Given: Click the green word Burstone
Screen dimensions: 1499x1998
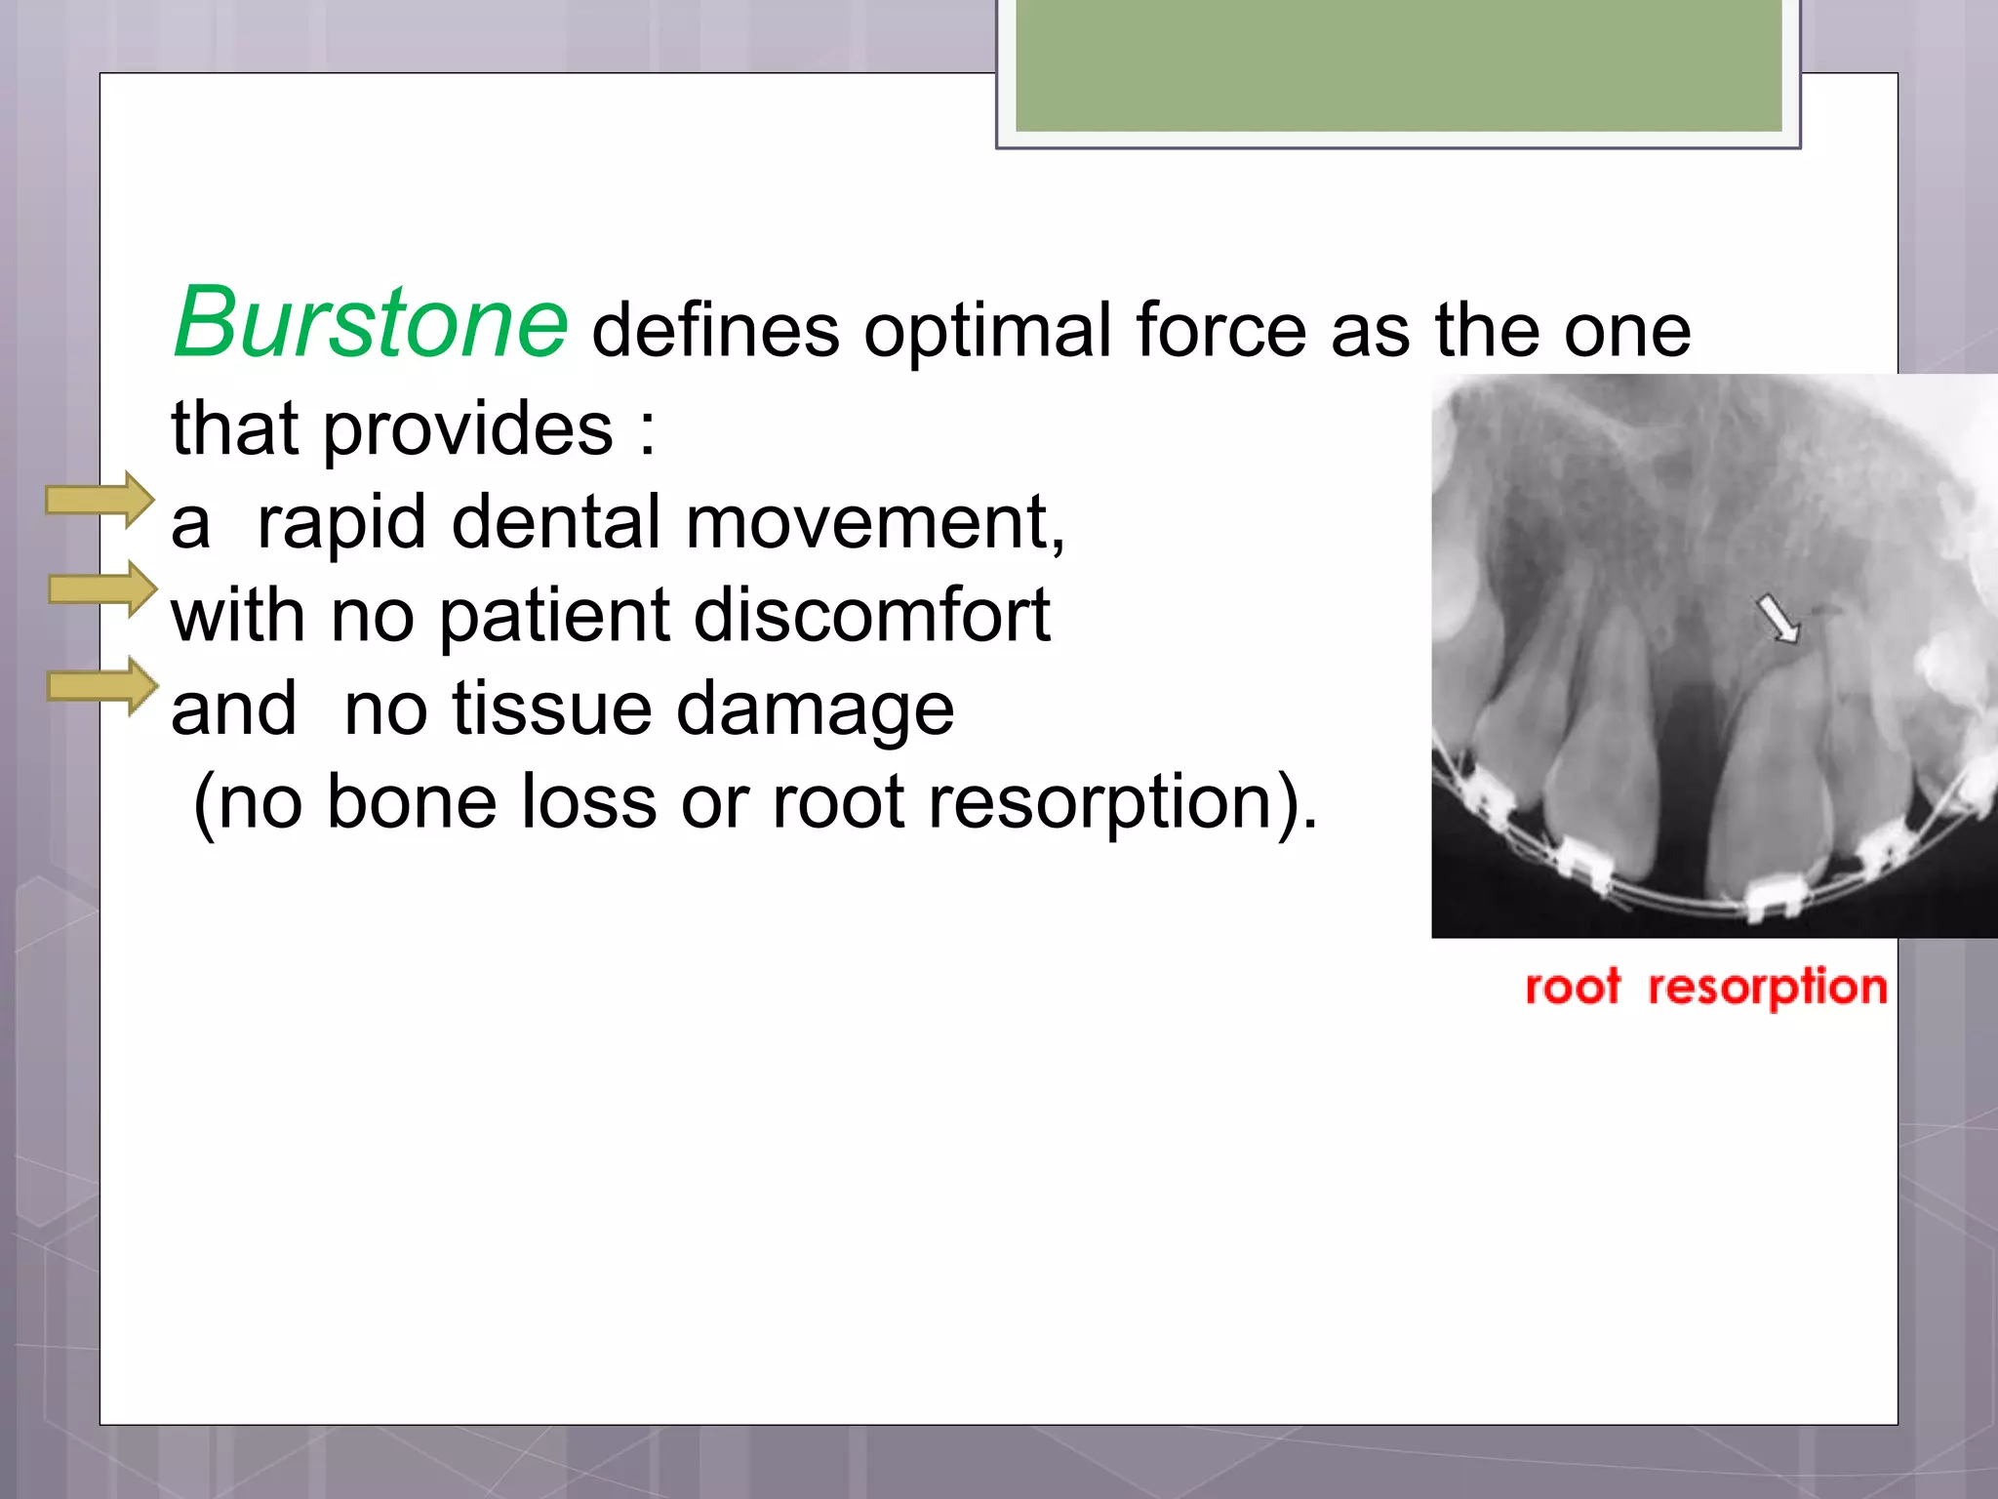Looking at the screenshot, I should [371, 323].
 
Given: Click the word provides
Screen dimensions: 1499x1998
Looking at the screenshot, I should [468, 429].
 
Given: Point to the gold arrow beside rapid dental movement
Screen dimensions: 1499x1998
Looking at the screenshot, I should [100, 501].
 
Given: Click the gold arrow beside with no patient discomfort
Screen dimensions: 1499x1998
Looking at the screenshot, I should [102, 588].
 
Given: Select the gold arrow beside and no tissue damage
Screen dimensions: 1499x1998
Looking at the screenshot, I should [102, 686].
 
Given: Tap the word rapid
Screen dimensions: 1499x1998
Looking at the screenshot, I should [341, 524].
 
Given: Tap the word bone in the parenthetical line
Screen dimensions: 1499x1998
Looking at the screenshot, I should [411, 802].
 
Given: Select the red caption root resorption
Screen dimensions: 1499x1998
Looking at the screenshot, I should [1705, 988].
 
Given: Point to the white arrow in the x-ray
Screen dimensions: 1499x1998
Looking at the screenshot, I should [1778, 619].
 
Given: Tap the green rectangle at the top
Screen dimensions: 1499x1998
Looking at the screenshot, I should [1398, 64].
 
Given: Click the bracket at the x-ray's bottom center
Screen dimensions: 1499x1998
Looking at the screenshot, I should [1775, 897].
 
